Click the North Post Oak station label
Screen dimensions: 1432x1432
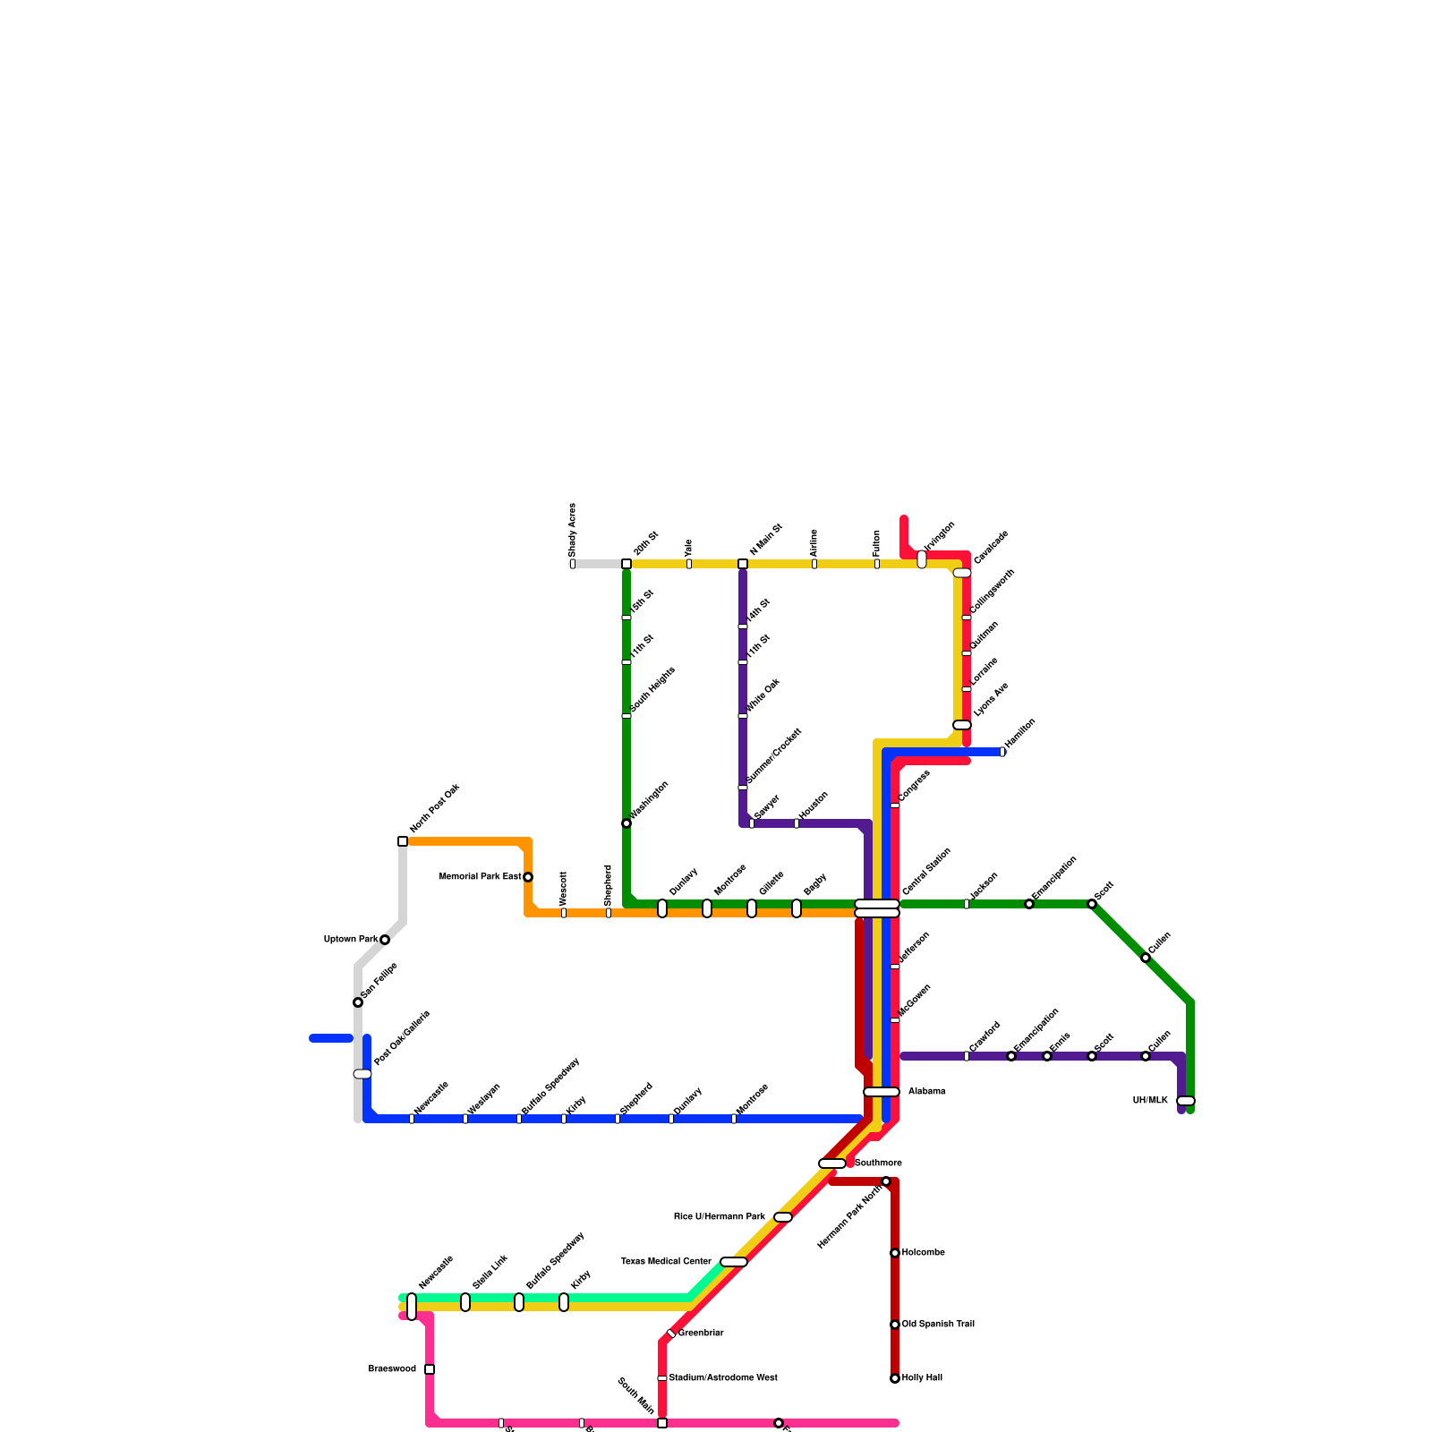[435, 808]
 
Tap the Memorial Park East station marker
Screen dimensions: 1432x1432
[528, 877]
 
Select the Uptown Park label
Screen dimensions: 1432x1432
[351, 940]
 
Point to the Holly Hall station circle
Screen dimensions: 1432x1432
[895, 1378]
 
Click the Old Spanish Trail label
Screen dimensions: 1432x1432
[938, 1325]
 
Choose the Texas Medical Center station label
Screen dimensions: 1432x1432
[666, 1262]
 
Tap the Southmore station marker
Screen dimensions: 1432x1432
[832, 1163]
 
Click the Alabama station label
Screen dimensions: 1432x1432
[927, 1092]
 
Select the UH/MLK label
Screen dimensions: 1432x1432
[1150, 1101]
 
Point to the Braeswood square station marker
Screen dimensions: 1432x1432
[430, 1369]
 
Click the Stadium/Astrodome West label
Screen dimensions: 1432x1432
[723, 1378]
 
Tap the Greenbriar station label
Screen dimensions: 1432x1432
[701, 1334]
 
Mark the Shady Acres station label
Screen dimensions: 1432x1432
[573, 529]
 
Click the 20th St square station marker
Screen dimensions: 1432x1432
[626, 564]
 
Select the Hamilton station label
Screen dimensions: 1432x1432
[1020, 733]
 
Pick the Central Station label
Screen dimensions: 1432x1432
[927, 871]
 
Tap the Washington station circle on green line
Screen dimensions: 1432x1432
[626, 823]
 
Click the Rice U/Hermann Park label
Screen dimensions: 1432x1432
[720, 1217]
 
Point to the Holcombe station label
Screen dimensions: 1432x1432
[924, 1253]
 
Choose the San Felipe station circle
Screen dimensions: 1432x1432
[358, 1002]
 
